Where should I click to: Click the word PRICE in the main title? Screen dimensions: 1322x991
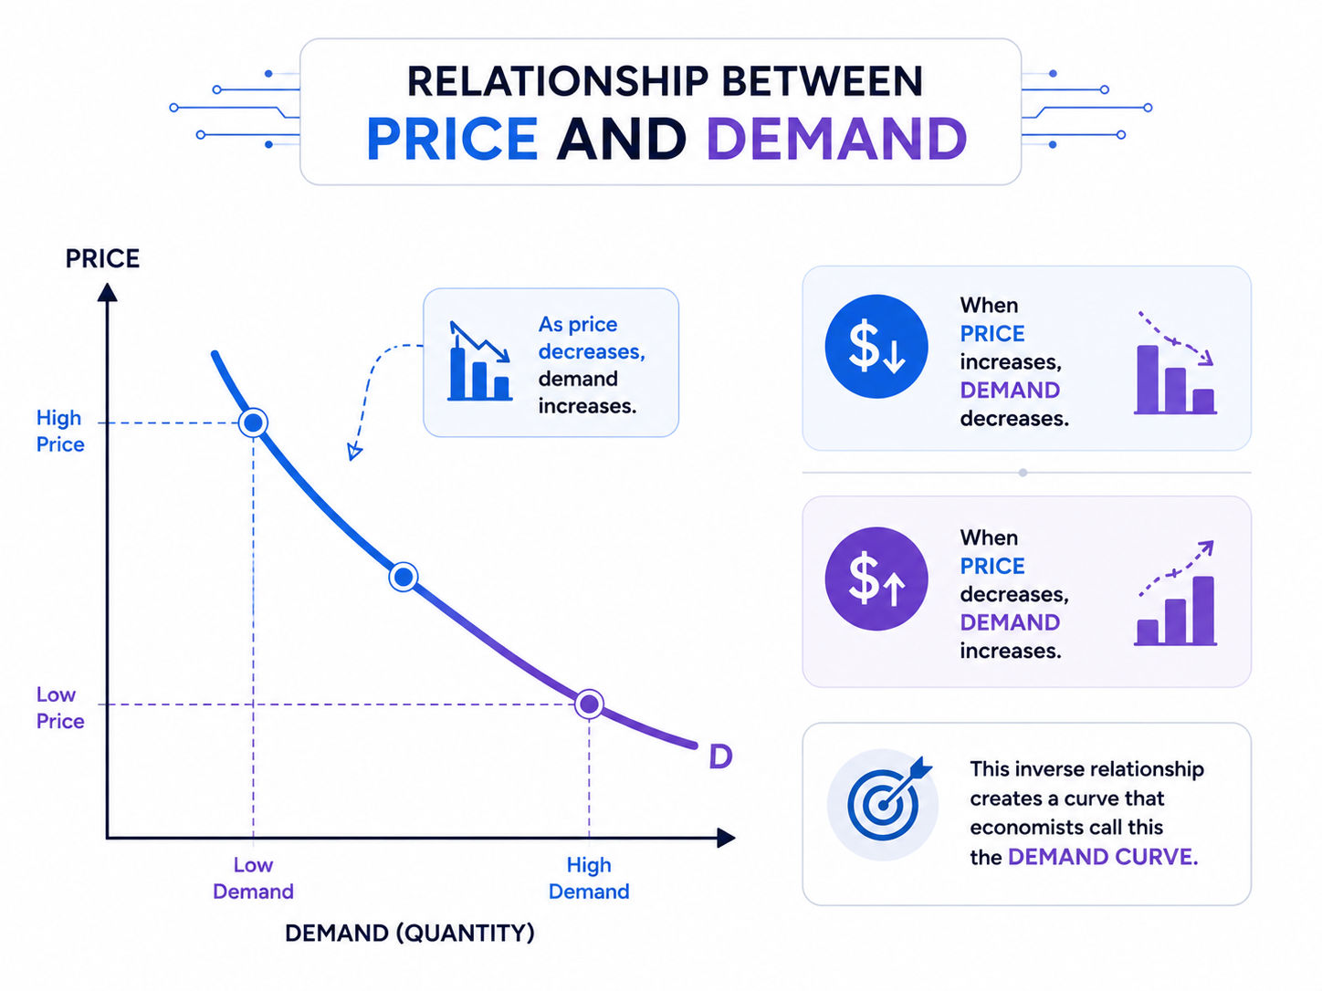click(452, 139)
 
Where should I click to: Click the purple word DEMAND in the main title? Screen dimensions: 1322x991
click(836, 139)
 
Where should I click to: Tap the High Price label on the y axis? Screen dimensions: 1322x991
click(59, 431)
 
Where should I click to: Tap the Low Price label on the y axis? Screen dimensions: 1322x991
click(59, 707)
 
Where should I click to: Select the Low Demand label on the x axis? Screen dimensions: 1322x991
click(253, 878)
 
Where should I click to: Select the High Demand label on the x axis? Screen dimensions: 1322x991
click(589, 878)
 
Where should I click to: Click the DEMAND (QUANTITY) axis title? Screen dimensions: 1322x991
click(410, 933)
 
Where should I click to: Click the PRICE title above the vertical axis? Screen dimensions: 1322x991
click(102, 259)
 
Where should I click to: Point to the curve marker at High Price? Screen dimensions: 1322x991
click(253, 423)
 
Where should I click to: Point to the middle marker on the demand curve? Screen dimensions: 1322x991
click(403, 577)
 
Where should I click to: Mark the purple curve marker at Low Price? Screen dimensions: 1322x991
click(589, 704)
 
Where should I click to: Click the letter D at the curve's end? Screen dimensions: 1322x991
click(720, 756)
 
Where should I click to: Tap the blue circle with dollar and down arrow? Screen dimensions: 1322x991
click(876, 346)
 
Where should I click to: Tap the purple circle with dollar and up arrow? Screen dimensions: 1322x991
click(876, 579)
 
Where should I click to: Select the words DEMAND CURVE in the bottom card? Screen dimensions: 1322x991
click(1103, 856)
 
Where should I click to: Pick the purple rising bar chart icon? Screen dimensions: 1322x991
click(1175, 593)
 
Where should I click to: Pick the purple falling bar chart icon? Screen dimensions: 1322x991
click(1175, 363)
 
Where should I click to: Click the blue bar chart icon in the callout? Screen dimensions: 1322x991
click(480, 361)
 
